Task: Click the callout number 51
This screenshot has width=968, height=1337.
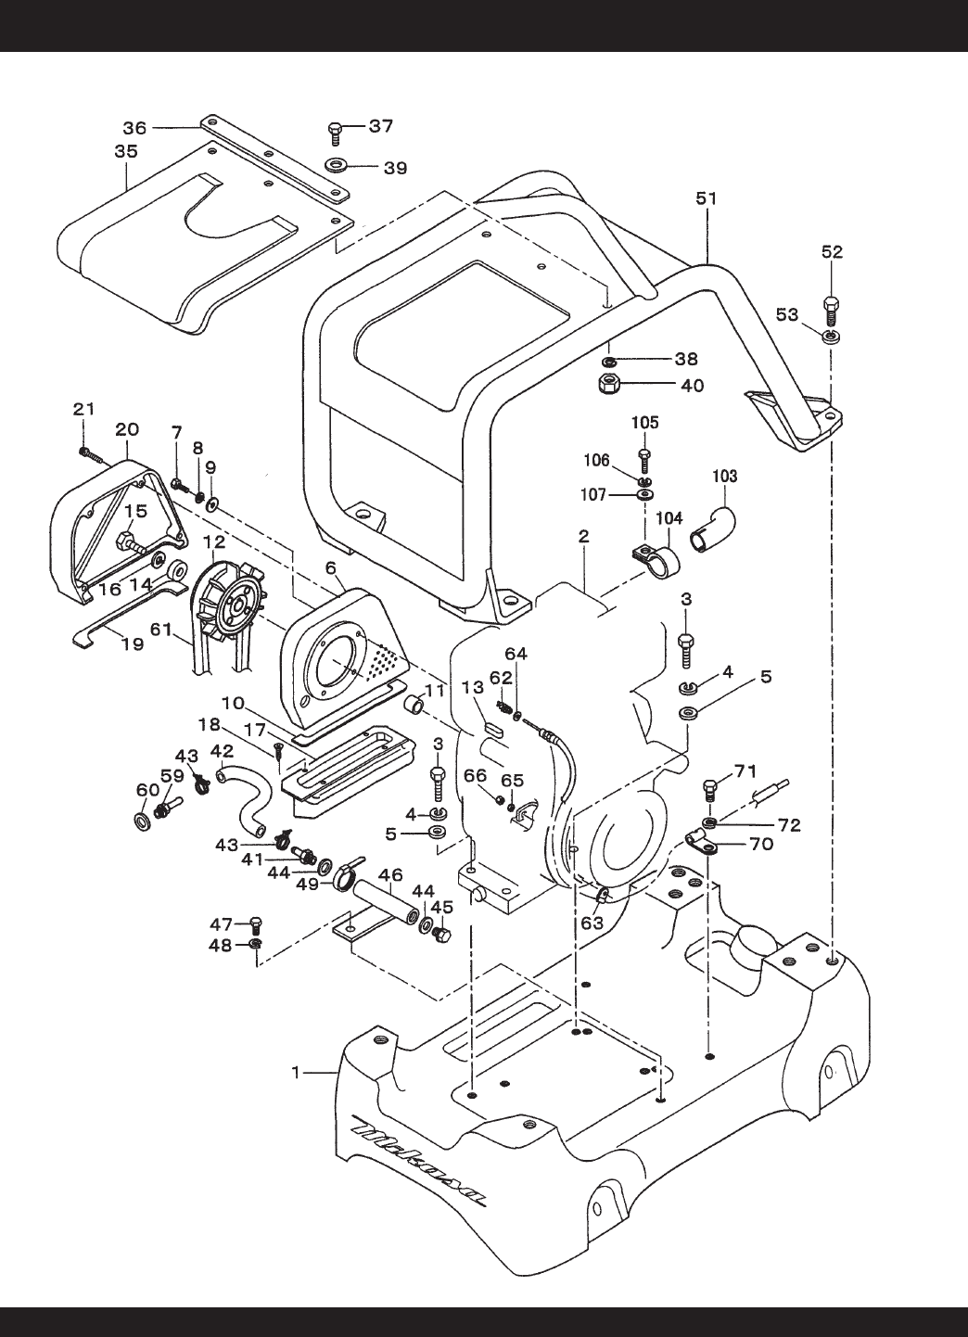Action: tap(706, 198)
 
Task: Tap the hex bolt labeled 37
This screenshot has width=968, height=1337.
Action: tap(335, 134)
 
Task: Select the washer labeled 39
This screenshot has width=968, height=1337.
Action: tap(338, 163)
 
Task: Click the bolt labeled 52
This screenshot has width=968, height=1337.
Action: tap(831, 310)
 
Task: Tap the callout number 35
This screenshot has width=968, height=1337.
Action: tap(126, 152)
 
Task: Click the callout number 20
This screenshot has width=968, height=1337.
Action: tap(126, 429)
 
